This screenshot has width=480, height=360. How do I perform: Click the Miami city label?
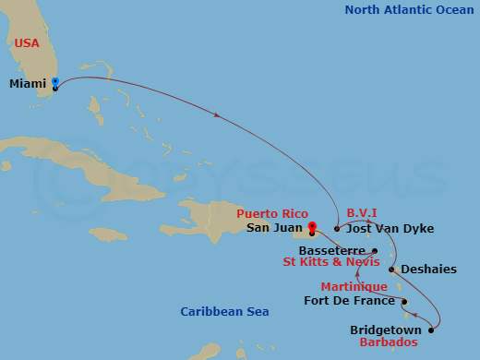(28, 83)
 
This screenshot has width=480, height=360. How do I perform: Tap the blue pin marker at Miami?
(55, 83)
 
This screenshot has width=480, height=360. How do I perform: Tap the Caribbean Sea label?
(223, 312)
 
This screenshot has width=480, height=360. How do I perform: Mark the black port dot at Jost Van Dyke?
(337, 228)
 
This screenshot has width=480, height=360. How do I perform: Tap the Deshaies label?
(426, 270)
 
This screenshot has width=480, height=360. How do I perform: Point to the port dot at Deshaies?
(392, 270)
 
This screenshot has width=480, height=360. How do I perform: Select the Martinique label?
(354, 287)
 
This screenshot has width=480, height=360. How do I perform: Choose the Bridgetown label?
(386, 330)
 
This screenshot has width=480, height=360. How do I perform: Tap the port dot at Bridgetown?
(431, 330)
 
